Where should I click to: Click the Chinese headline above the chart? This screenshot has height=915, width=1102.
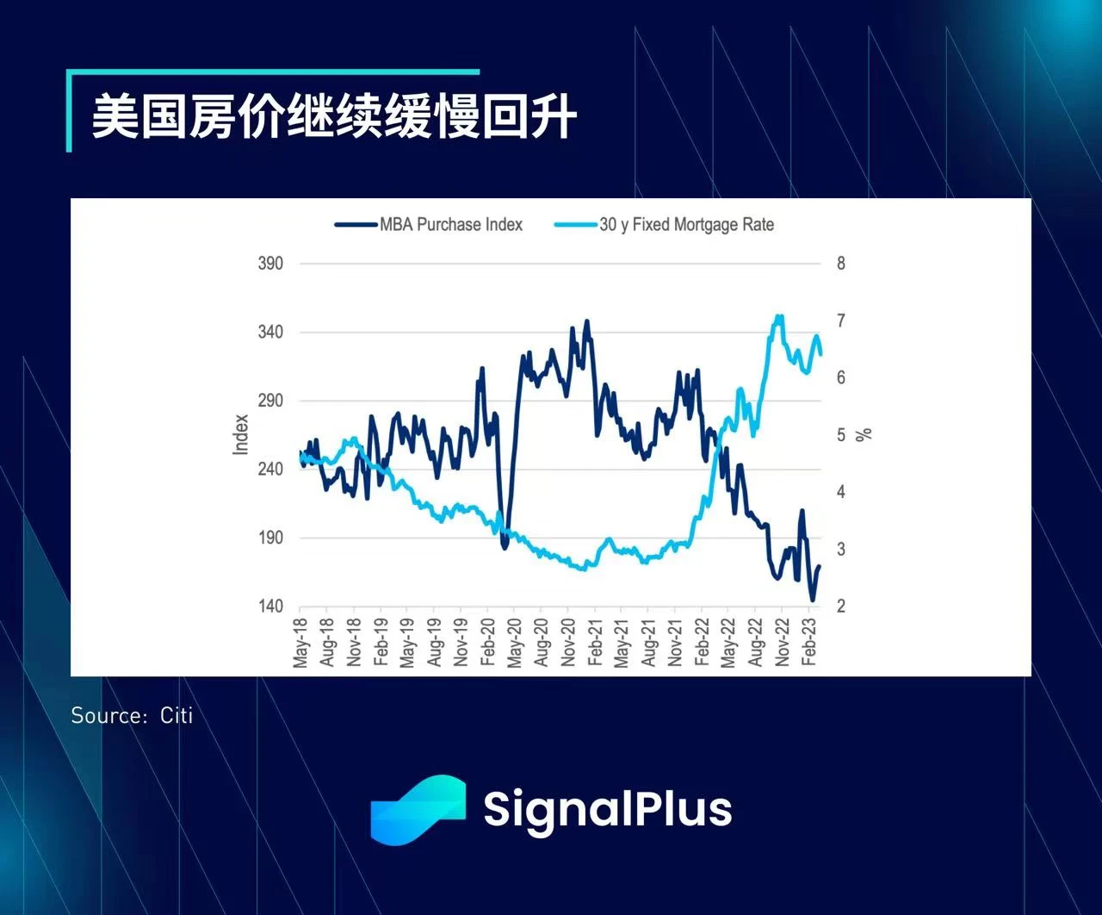point(334,116)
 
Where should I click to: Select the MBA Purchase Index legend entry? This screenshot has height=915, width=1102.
point(450,225)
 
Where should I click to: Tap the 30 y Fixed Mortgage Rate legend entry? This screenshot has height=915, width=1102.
point(686,225)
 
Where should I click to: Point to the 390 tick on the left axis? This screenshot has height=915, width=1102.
point(270,264)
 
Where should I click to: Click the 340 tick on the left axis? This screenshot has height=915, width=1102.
point(270,333)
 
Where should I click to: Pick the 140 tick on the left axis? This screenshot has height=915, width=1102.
point(270,607)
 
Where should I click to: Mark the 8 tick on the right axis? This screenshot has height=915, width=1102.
point(841,264)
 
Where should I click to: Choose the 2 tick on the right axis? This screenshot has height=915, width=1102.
point(841,607)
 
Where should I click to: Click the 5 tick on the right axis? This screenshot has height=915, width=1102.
point(841,435)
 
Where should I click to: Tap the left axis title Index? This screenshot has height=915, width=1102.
point(241,434)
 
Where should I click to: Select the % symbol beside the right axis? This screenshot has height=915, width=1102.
point(864,433)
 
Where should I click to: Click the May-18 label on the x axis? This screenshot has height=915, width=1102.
point(300,643)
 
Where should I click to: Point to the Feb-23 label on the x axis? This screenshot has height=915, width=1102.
point(809,643)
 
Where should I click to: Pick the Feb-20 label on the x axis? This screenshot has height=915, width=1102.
point(488,643)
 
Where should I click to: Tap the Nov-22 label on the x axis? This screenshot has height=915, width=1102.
point(783,643)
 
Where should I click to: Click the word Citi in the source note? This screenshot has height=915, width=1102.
point(176,716)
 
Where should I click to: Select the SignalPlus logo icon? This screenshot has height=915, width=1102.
point(418,809)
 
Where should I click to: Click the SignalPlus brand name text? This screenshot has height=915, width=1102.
point(607,809)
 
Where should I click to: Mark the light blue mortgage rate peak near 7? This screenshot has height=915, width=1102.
point(779,317)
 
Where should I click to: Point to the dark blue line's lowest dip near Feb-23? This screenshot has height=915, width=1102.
point(812,601)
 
